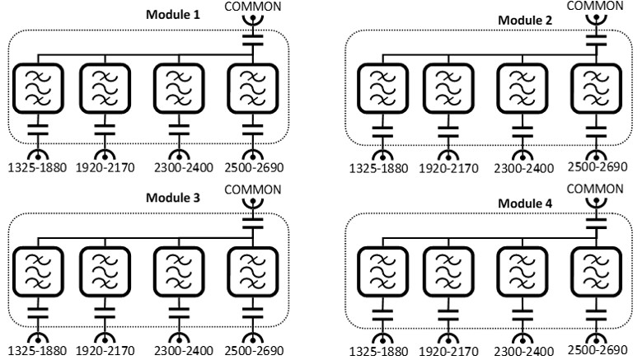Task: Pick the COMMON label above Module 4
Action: coord(588,189)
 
